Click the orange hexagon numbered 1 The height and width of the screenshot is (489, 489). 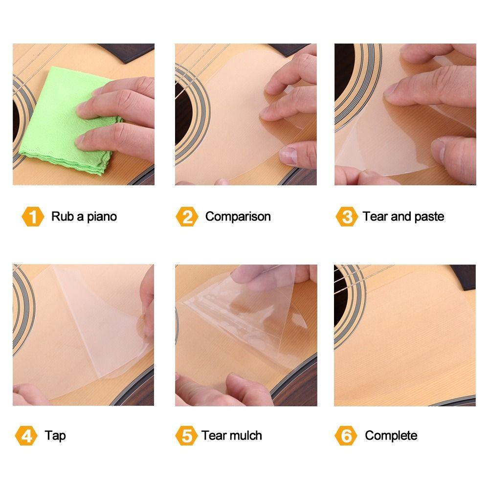coord(33,217)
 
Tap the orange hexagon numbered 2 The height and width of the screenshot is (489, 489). coord(187,217)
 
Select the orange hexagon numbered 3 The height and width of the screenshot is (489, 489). coord(347,217)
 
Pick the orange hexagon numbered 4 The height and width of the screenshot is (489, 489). coord(26,435)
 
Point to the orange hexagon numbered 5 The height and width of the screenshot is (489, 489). coord(186,435)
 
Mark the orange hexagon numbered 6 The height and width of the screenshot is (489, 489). coord(346,435)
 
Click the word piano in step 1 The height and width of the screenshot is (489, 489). coord(102,217)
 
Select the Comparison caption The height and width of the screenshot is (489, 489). coord(238,217)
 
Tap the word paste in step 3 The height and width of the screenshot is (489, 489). coord(429,217)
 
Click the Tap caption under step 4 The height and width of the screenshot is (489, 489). coord(55,436)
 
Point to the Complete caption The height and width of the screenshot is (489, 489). coord(391,436)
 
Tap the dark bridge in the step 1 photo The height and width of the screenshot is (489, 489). coord(126,52)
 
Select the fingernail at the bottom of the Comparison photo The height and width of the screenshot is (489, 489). coord(287,156)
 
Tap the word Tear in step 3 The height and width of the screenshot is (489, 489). coord(375,217)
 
